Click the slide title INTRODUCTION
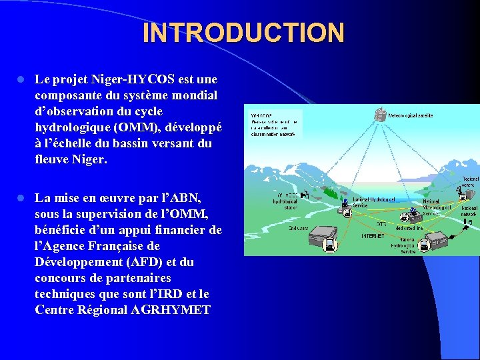pyautogui.click(x=243, y=33)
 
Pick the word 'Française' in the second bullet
pyautogui.click(x=141, y=246)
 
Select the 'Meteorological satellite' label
pyautogui.click(x=410, y=115)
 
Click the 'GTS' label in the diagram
pyautogui.click(x=382, y=224)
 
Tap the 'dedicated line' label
pyautogui.click(x=408, y=228)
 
